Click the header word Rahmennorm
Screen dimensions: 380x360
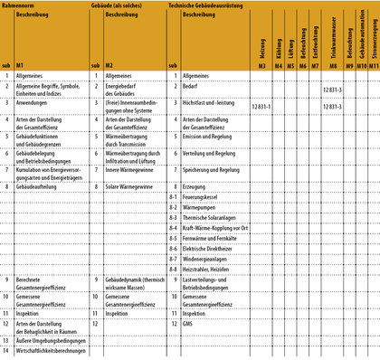tap(21, 5)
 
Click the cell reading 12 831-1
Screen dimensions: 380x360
tap(267, 107)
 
